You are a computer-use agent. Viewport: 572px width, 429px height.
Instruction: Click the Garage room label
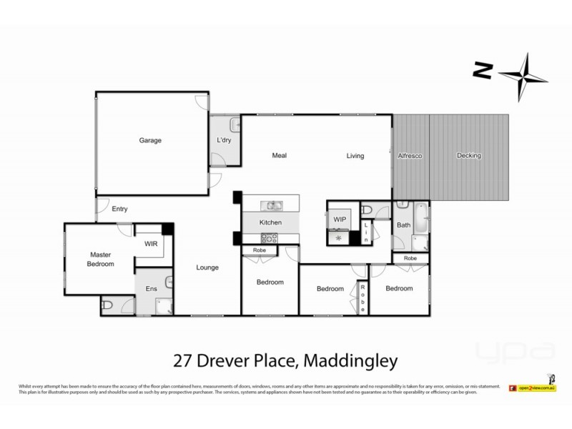[150, 140]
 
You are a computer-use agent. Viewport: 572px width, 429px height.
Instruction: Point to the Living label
[355, 155]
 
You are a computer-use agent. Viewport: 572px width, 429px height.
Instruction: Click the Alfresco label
[410, 155]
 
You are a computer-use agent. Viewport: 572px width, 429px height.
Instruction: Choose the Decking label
[469, 155]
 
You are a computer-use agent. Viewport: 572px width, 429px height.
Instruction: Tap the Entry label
[121, 209]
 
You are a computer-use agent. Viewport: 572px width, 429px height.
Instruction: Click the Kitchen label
[270, 223]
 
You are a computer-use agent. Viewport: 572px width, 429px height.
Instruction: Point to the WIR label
[150, 243]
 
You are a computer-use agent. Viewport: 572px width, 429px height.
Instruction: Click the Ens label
[151, 288]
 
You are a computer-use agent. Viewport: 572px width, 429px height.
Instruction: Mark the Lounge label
[207, 267]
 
